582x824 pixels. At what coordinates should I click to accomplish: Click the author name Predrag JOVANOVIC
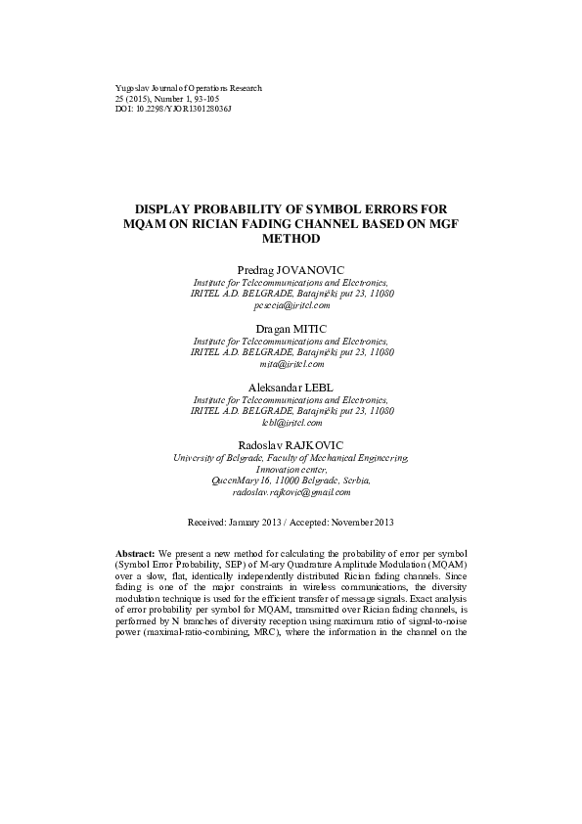coord(291,268)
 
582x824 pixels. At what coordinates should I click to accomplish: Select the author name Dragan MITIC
coord(291,328)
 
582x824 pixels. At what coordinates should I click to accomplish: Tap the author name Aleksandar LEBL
coord(291,388)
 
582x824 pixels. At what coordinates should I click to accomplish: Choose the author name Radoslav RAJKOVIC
coord(291,446)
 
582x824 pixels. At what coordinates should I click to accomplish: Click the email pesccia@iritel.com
coord(291,305)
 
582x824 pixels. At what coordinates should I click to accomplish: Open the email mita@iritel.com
coord(291,363)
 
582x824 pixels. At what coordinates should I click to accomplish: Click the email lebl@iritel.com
coord(291,423)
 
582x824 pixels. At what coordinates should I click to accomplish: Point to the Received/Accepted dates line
coord(291,522)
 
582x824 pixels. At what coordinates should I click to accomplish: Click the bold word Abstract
coord(135,554)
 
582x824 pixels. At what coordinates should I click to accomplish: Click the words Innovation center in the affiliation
coord(291,470)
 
